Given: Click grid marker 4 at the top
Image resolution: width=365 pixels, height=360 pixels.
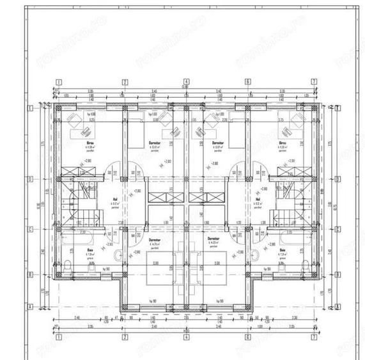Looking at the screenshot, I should pos(185,82).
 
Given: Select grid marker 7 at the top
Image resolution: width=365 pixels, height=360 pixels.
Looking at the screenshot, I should pos(314,82).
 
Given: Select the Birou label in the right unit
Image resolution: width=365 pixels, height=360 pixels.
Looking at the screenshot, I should pos(282,143).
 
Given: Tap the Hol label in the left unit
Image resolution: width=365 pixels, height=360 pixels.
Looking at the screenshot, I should pos(115,198).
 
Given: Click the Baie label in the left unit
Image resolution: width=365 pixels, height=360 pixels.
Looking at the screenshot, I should pos(90,250).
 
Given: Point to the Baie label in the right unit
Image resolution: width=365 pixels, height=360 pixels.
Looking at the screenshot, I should pos(283,250).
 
